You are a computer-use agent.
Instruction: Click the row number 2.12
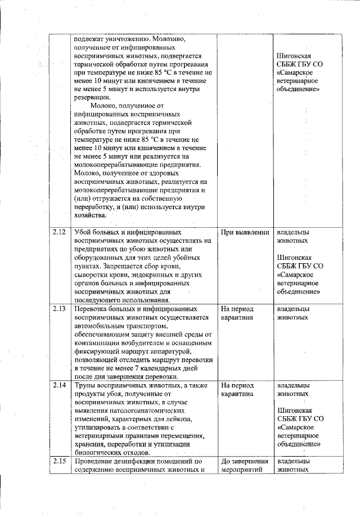[59, 232]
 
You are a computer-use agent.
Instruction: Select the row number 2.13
[59, 309]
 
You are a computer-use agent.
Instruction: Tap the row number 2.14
[59, 385]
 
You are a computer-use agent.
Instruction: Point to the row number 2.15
[59, 462]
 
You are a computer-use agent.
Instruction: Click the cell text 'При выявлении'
[244, 232]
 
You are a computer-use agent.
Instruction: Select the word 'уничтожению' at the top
[123, 39]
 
